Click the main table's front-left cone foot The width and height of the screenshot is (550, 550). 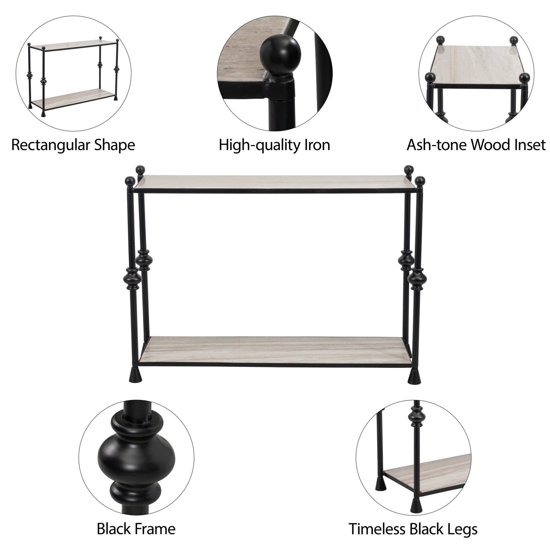(x=134, y=375)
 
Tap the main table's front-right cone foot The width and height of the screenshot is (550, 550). (x=414, y=375)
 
